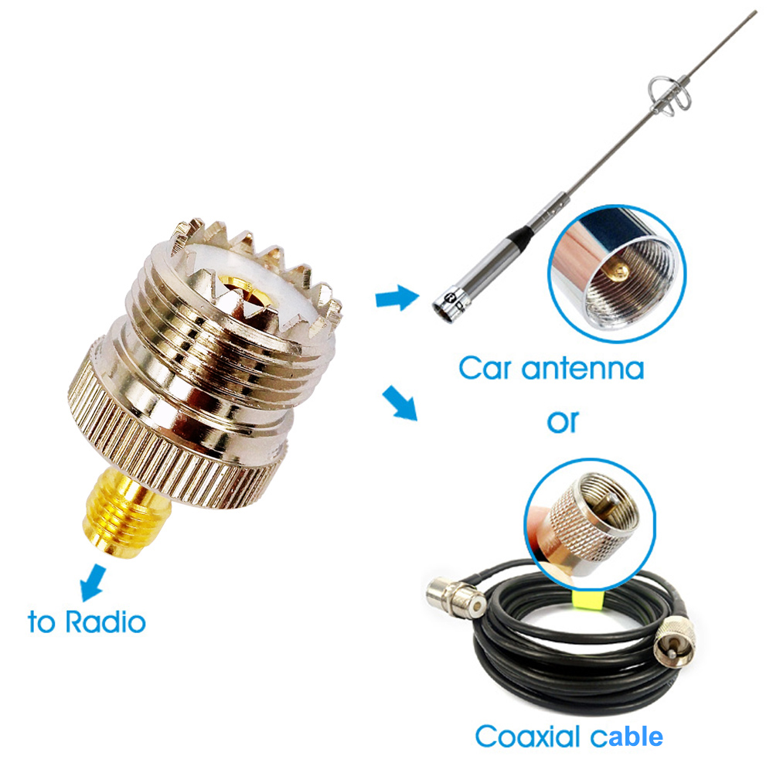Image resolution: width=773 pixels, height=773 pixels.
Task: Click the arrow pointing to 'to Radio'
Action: (x=92, y=583)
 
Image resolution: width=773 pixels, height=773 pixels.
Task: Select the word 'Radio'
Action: (x=105, y=621)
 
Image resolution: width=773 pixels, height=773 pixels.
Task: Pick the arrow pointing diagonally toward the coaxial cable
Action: (x=400, y=403)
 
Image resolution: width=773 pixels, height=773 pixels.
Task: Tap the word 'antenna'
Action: (x=583, y=368)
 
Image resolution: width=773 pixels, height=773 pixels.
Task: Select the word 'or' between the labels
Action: (x=562, y=421)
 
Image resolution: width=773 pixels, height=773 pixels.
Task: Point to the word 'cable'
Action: (x=627, y=737)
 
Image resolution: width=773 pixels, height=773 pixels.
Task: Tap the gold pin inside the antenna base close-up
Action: (x=618, y=272)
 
